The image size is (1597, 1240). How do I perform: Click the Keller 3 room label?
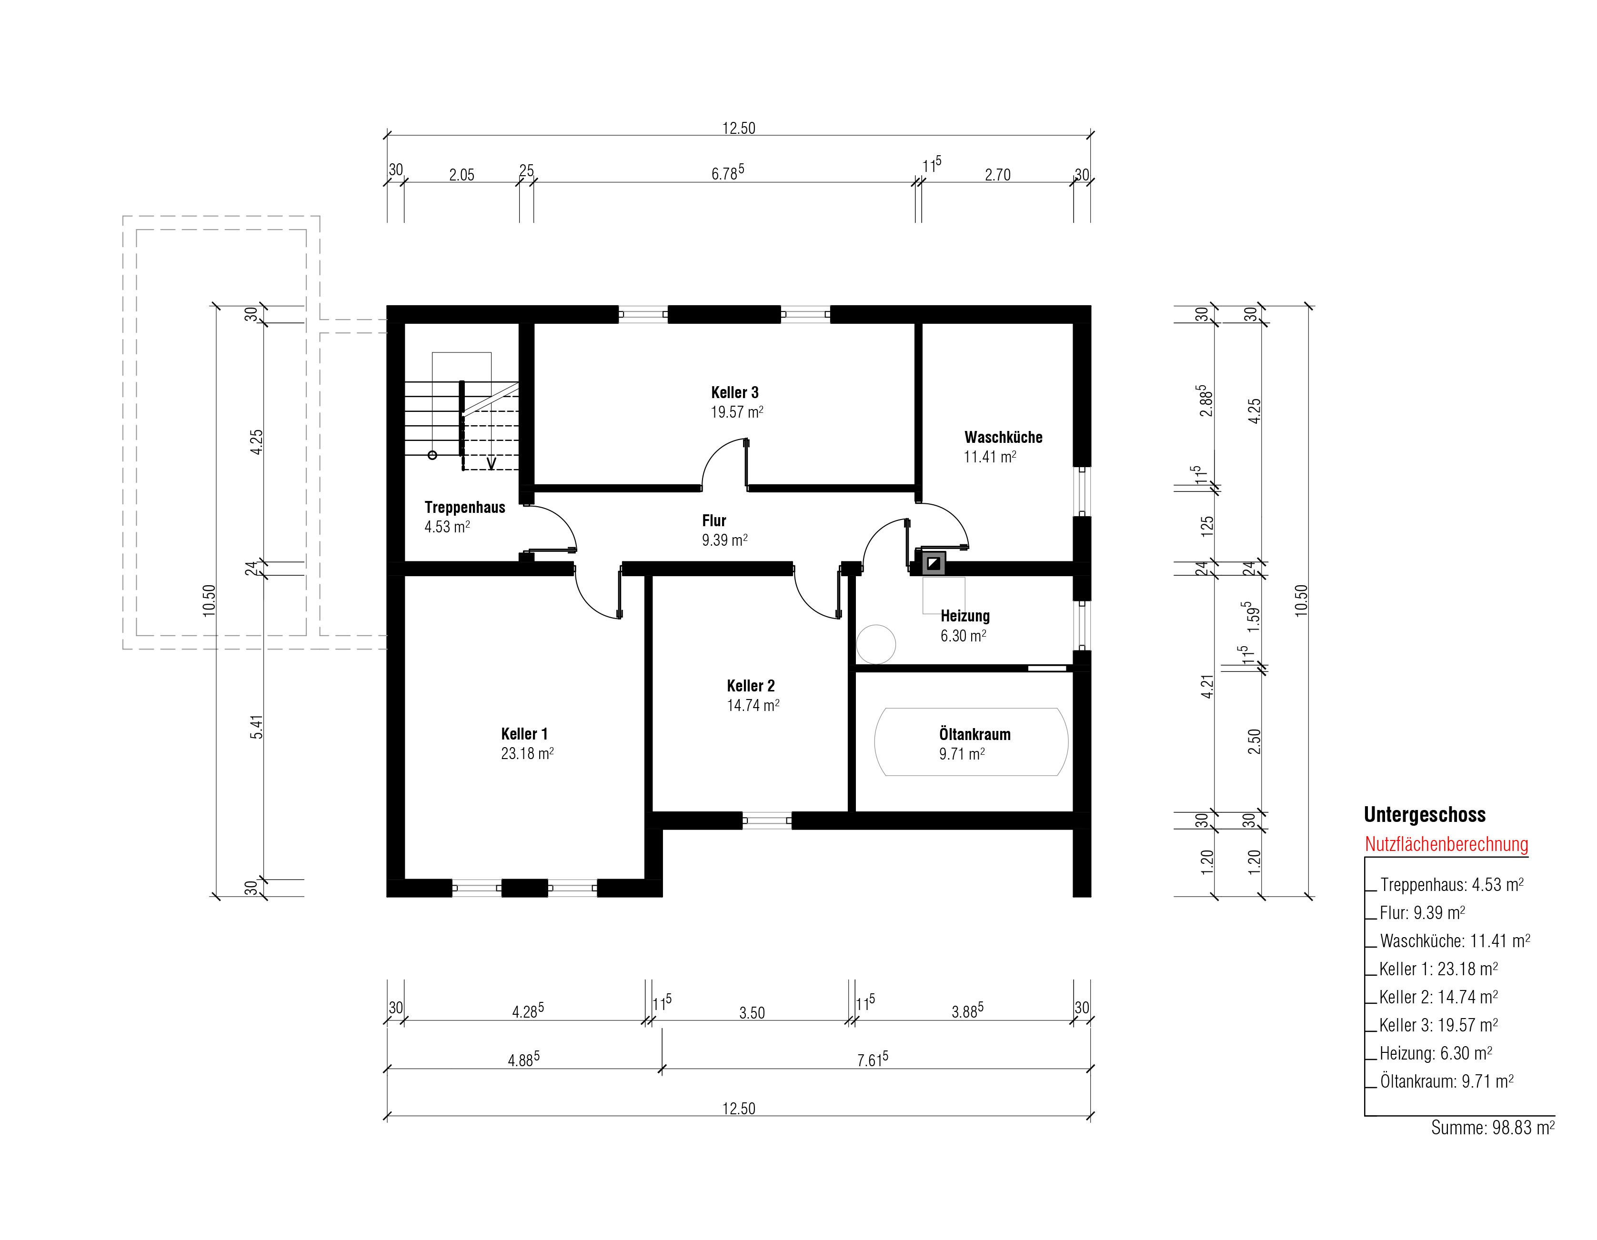pos(735,392)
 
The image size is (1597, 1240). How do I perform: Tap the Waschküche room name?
pos(1003,437)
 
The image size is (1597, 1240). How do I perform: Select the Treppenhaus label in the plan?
pos(465,508)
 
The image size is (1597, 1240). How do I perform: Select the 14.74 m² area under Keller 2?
pos(753,706)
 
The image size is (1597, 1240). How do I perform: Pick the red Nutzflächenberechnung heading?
pos(1446,844)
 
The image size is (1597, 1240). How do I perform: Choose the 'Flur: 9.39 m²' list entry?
pos(1422,912)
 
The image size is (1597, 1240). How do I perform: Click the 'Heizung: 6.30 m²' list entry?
pos(1436,1053)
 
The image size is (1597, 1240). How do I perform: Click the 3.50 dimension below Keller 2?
pos(752,1012)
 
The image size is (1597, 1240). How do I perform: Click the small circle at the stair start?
pos(432,455)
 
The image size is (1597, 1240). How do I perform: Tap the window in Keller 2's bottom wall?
pos(767,821)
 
